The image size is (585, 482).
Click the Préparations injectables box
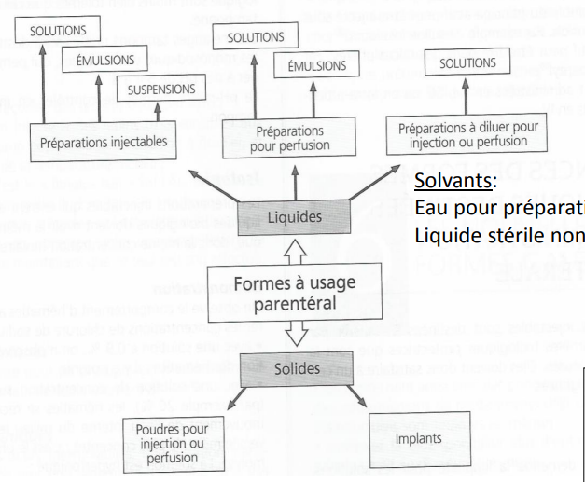tap(104, 143)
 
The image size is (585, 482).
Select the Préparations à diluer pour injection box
tap(462, 134)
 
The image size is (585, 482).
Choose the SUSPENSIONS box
tap(156, 90)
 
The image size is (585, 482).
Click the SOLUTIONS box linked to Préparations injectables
tap(58, 30)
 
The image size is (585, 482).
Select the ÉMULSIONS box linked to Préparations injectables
tap(99, 61)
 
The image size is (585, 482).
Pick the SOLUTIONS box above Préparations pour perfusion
tap(255, 37)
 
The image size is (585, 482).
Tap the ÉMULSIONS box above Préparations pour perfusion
tap(317, 67)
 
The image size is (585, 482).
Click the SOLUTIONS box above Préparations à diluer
tap(468, 63)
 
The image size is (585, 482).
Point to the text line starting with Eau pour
tap(498, 208)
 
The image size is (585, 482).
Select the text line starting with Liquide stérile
tap(498, 233)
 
